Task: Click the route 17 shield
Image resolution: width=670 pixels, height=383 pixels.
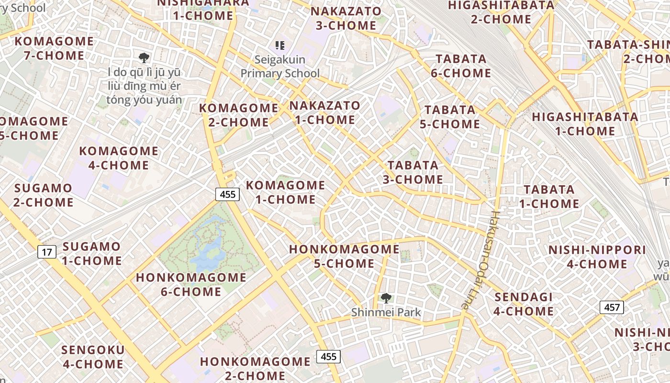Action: (47, 251)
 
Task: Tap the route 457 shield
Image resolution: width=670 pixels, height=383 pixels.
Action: (612, 307)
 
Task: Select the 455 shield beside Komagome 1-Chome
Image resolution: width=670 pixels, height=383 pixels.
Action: (227, 194)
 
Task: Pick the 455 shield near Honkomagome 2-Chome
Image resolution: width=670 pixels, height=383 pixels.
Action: (328, 356)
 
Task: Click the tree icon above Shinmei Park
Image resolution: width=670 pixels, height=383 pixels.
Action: (386, 298)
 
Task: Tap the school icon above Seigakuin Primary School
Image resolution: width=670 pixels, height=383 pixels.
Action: (280, 46)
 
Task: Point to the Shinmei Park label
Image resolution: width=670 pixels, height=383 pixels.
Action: (386, 313)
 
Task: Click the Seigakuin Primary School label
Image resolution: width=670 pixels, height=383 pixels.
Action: (280, 67)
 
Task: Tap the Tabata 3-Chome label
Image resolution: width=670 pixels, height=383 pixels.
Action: (413, 172)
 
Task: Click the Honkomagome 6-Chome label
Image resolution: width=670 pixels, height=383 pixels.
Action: (191, 284)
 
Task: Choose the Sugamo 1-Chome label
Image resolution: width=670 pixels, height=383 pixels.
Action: (92, 254)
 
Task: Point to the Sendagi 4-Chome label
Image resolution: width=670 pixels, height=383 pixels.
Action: (524, 304)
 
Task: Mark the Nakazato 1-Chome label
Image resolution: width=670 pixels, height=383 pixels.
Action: (325, 113)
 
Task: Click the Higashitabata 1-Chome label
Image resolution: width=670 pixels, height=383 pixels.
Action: (585, 124)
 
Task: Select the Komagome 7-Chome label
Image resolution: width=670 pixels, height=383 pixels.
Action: (54, 48)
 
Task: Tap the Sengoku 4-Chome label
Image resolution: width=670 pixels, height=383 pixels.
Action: (93, 357)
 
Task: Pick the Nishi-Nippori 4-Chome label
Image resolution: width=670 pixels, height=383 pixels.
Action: (597, 257)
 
